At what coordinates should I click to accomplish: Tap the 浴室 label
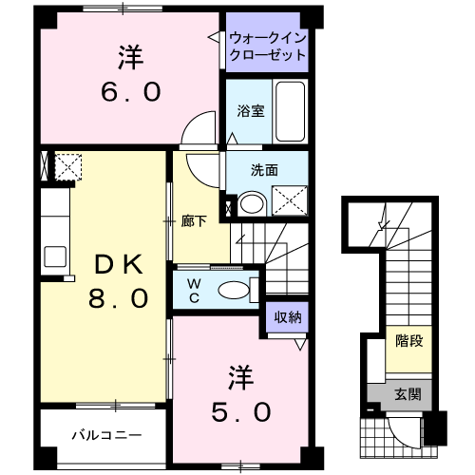point(251,110)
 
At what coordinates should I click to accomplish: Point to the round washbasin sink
point(251,202)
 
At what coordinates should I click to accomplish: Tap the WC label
point(191,288)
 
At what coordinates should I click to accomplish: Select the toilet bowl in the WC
point(232,290)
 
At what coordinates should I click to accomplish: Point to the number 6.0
point(131,92)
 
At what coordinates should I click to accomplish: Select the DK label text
point(115,263)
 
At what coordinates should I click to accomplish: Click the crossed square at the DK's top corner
point(66,167)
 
